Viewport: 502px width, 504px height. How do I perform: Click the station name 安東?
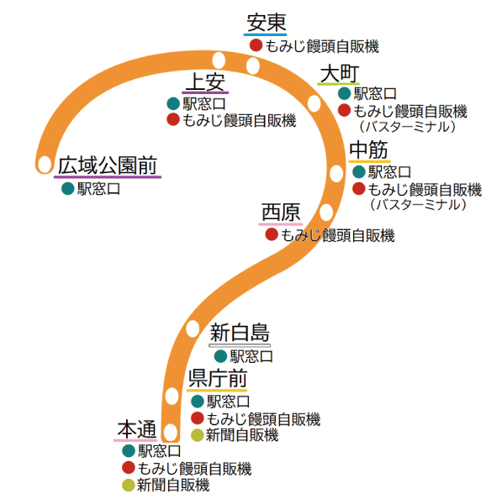click(266, 23)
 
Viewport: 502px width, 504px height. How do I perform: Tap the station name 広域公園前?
click(108, 165)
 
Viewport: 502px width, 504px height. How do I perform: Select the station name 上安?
click(205, 81)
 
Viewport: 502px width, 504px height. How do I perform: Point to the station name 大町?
click(340, 74)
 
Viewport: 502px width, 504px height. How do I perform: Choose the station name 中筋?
click(369, 150)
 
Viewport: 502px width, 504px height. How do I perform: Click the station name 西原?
click(281, 213)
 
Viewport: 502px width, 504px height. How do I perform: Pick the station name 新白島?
click(240, 333)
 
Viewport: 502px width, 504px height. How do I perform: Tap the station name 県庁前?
click(218, 379)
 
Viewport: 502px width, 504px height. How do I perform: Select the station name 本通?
click(137, 429)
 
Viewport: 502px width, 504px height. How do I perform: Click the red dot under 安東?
click(256, 45)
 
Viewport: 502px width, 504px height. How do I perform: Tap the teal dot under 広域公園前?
click(68, 188)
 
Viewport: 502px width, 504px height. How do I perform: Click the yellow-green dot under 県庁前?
click(197, 435)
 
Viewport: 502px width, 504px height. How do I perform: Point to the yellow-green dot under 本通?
click(128, 485)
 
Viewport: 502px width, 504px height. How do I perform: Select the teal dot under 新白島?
click(221, 356)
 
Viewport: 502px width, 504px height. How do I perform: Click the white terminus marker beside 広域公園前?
click(45, 165)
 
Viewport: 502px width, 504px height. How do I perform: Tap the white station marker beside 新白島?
click(193, 328)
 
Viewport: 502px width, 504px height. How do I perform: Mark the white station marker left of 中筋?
click(336, 173)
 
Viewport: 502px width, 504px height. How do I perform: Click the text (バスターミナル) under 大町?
click(407, 127)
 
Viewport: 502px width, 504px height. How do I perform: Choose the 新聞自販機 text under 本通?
click(173, 485)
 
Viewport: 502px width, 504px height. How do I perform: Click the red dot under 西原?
click(272, 234)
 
